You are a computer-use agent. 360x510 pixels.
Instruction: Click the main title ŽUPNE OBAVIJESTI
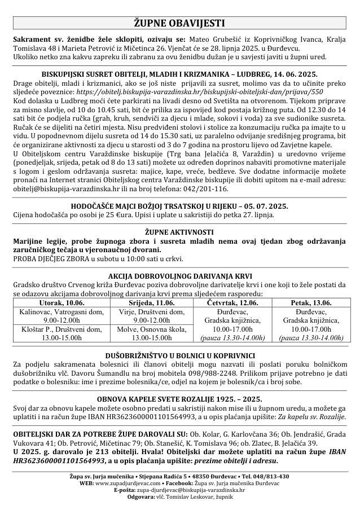(179, 23)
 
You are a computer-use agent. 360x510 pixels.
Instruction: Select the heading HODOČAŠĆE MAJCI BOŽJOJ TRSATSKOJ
(179, 206)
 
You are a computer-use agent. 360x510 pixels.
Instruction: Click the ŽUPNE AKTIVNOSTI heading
(179, 232)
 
